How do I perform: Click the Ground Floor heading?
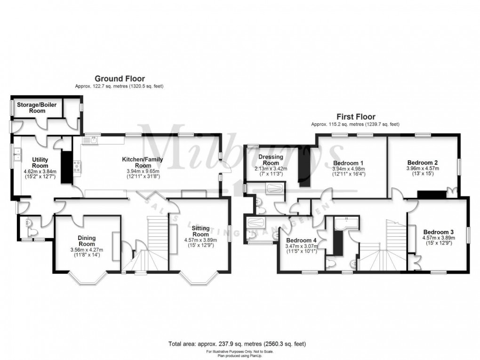pyautogui.click(x=120, y=79)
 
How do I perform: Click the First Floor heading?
pyautogui.click(x=355, y=116)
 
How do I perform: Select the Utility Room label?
pyautogui.click(x=40, y=162)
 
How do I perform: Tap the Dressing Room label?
pyautogui.click(x=271, y=160)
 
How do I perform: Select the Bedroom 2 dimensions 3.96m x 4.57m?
pyautogui.click(x=423, y=168)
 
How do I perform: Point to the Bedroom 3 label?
pyautogui.click(x=438, y=232)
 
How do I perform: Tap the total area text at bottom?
pyautogui.click(x=240, y=344)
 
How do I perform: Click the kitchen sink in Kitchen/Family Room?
pyautogui.click(x=93, y=140)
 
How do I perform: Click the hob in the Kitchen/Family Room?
pyautogui.click(x=76, y=166)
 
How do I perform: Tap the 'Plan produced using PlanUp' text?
pyautogui.click(x=240, y=355)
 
